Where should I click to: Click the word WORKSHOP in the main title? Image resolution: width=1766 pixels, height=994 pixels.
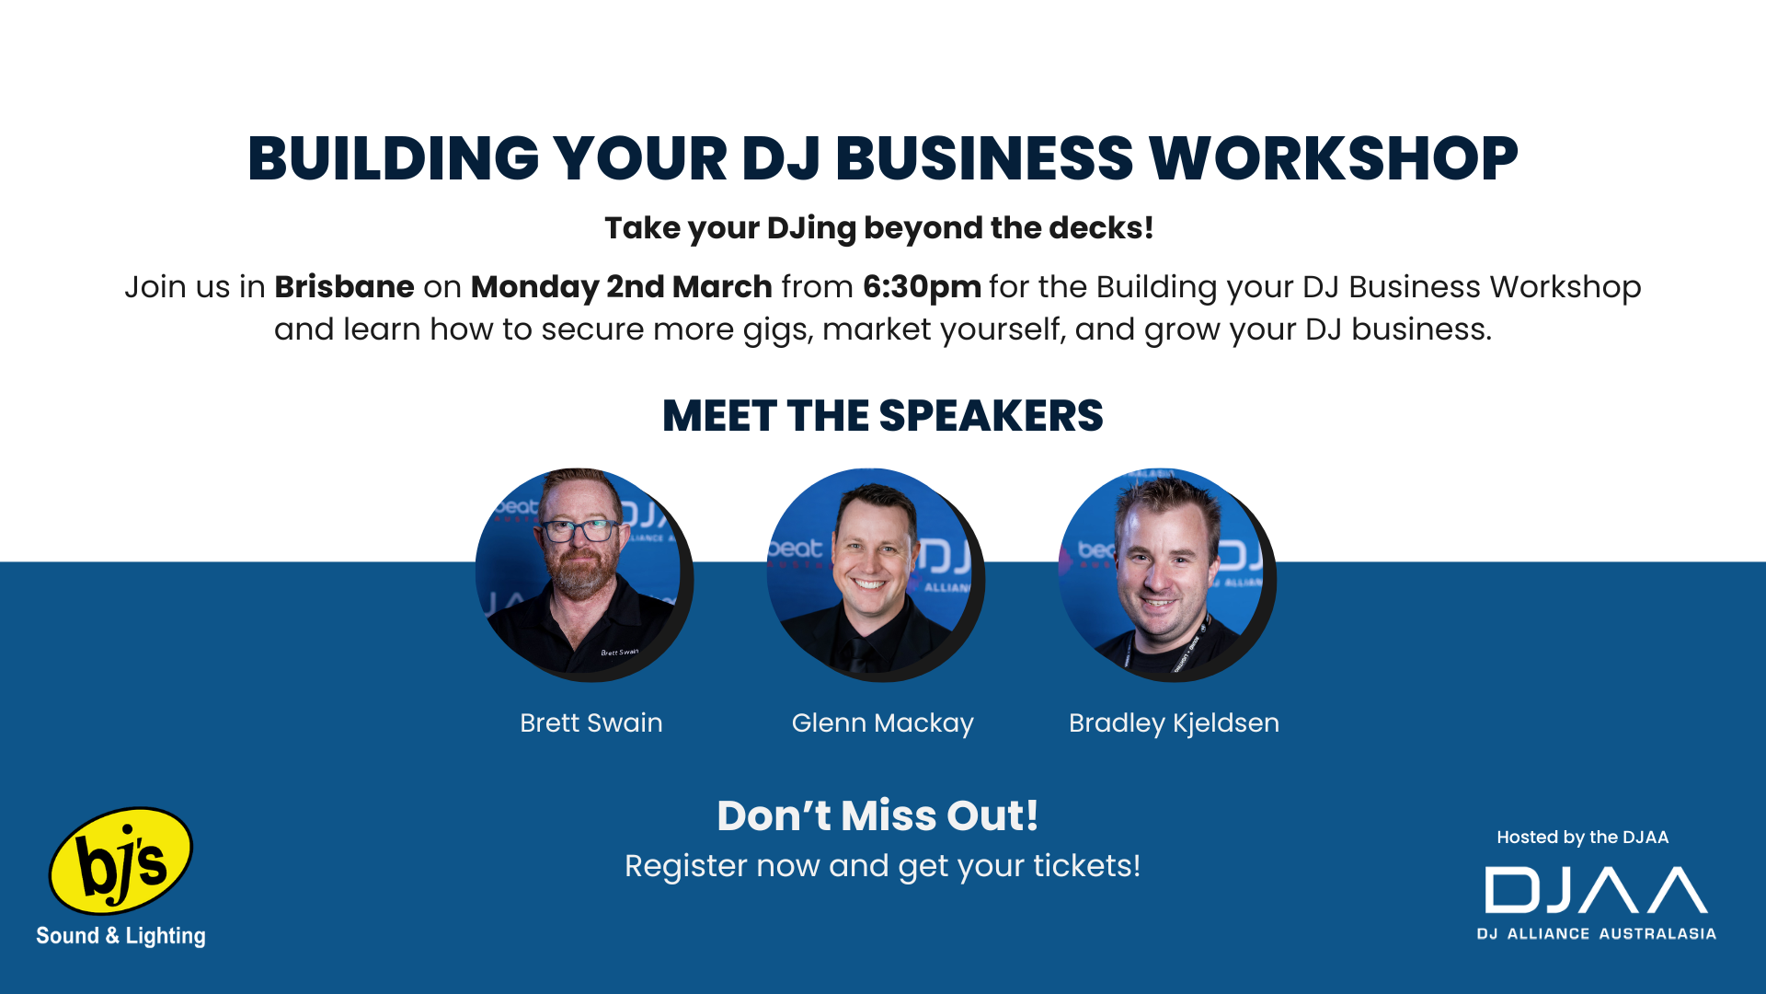click(1334, 158)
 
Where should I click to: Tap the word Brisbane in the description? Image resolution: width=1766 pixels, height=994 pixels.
click(344, 287)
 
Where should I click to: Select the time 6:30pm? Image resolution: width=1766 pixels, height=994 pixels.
click(922, 288)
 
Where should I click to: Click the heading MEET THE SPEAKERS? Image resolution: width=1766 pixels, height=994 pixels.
click(883, 416)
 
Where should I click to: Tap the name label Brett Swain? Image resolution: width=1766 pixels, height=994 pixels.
click(591, 722)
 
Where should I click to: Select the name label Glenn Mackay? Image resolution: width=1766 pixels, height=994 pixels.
click(883, 723)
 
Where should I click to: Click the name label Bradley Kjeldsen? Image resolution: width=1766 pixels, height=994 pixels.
click(1174, 723)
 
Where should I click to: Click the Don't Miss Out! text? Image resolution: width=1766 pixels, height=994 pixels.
click(877, 815)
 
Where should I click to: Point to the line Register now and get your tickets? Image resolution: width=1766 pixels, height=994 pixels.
click(883, 866)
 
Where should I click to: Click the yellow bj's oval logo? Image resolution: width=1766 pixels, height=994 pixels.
click(120, 861)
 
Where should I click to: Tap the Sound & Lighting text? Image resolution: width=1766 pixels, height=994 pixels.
click(120, 936)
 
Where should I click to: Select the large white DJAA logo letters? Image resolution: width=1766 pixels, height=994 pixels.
click(1596, 890)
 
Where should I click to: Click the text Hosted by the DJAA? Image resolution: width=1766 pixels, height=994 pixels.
click(1582, 838)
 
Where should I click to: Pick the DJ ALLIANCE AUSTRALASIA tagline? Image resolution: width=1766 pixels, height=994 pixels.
click(1597, 933)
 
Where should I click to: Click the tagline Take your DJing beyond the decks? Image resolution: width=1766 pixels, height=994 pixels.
click(879, 228)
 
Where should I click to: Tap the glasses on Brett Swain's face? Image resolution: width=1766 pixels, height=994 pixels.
click(579, 531)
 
